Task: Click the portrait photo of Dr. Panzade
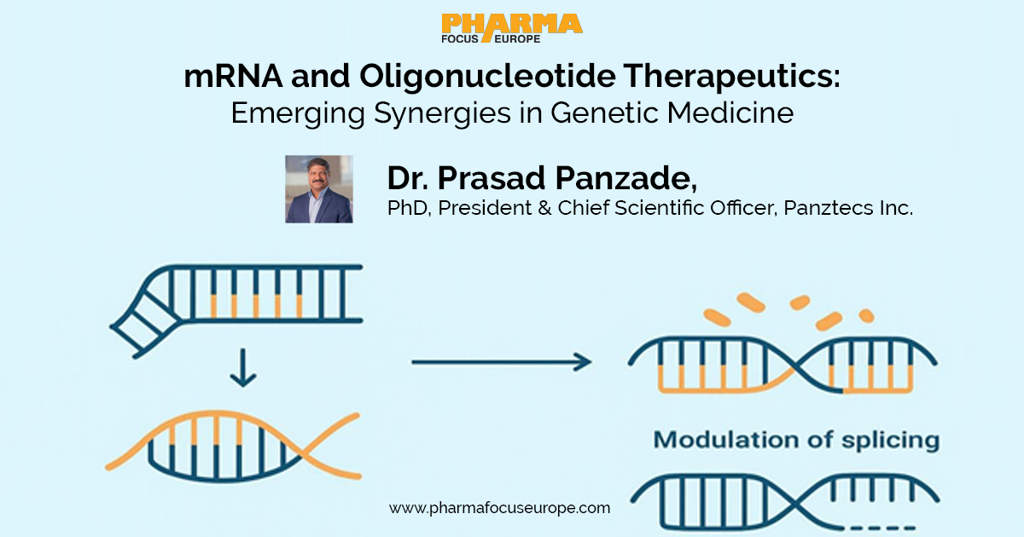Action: pyautogui.click(x=318, y=189)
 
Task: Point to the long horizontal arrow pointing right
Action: pyautogui.click(x=501, y=362)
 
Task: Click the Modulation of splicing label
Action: pyautogui.click(x=796, y=441)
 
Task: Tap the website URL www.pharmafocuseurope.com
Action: pyautogui.click(x=500, y=508)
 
